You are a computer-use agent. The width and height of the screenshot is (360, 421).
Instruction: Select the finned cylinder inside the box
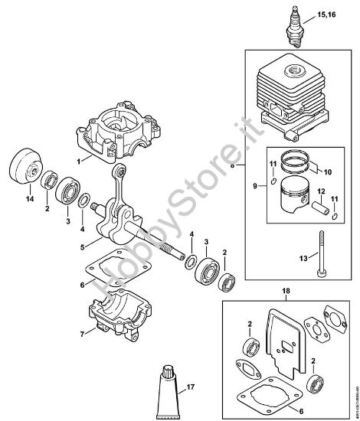[x=293, y=96]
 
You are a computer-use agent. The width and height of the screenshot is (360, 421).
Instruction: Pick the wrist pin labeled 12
[x=322, y=207]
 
